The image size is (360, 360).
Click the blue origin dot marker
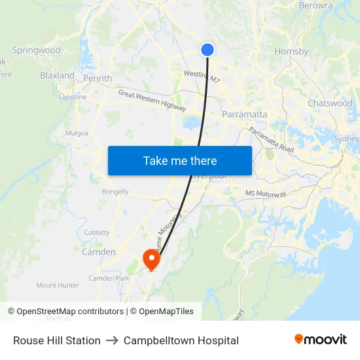pyautogui.click(x=207, y=50)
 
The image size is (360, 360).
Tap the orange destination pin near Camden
pyautogui.click(x=152, y=258)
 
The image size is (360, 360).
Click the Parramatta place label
pyautogui.click(x=245, y=115)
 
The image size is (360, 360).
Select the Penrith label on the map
pyautogui.click(x=98, y=79)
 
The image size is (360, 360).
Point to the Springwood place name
pyautogui.click(x=36, y=50)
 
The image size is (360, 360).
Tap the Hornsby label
pyautogui.click(x=291, y=51)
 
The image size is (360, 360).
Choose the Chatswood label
pyautogui.click(x=330, y=103)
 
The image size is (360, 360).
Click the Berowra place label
pyautogui.click(x=315, y=6)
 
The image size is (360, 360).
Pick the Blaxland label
pyautogui.click(x=58, y=75)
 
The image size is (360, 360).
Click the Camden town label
pyautogui.click(x=98, y=252)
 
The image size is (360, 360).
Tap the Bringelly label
pyautogui.click(x=115, y=192)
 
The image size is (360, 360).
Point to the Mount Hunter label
pyautogui.click(x=58, y=285)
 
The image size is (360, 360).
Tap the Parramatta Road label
pyautogui.click(x=271, y=140)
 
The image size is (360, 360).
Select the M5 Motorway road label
pyautogui.click(x=266, y=194)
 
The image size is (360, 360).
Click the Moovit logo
pyautogui.click(x=321, y=340)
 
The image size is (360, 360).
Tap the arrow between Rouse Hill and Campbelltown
pyautogui.click(x=112, y=340)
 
